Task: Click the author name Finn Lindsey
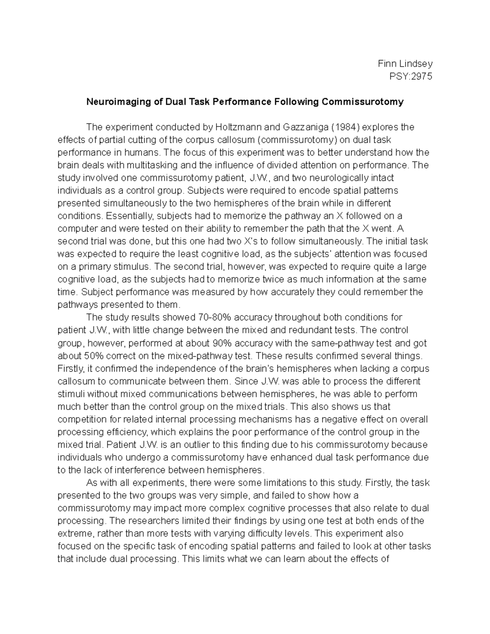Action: click(x=405, y=64)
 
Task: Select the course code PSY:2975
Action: click(x=411, y=76)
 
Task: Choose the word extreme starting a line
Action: click(x=75, y=534)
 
